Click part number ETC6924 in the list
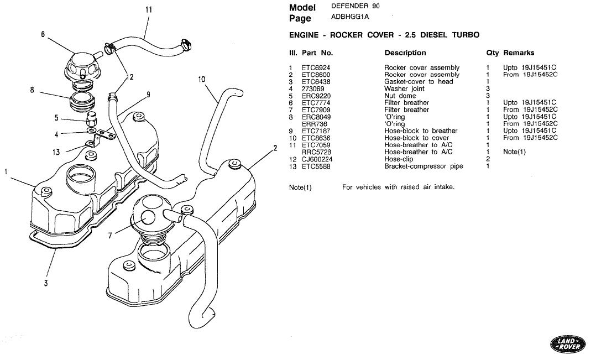[x=316, y=67]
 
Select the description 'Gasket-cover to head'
[x=419, y=82]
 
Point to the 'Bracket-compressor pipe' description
[x=424, y=166]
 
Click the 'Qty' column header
[x=492, y=53]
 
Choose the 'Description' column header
[x=405, y=53]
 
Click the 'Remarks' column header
[x=519, y=53]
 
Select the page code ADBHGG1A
[x=349, y=17]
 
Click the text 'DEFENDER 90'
[x=355, y=6]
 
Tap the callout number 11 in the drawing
[x=149, y=9]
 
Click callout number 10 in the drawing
[x=201, y=80]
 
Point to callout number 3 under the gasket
[x=46, y=283]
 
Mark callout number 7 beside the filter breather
[x=110, y=236]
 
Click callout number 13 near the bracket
[x=56, y=152]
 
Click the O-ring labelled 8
[x=81, y=100]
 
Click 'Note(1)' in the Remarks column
[x=514, y=152]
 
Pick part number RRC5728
[x=316, y=152]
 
